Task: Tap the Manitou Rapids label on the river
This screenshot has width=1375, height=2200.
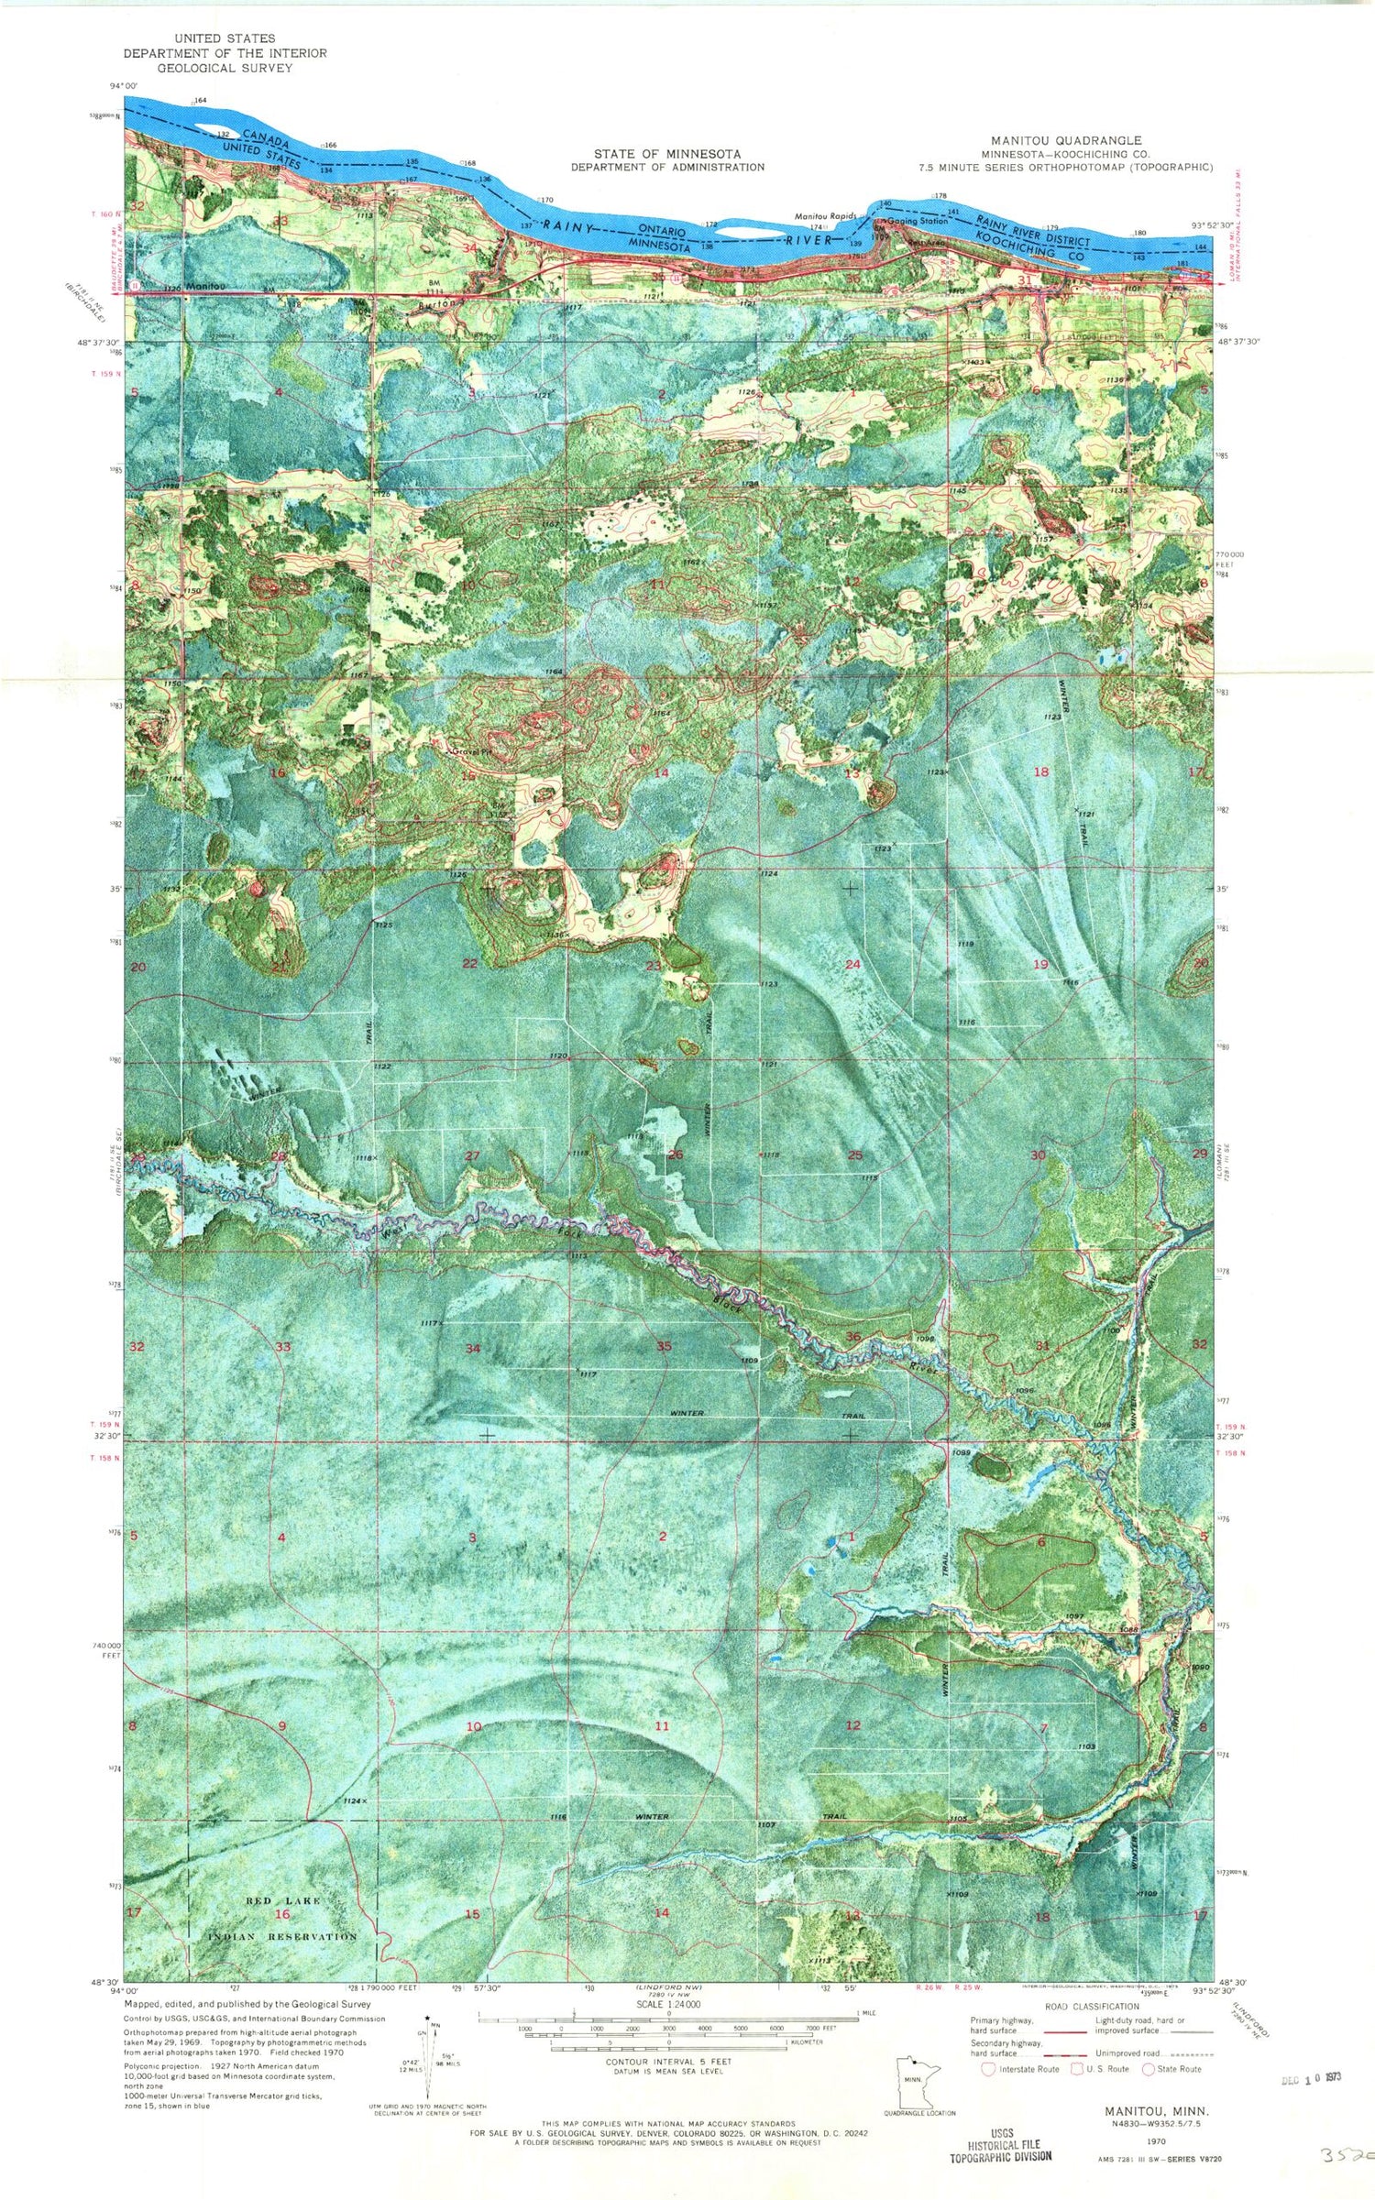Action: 825,217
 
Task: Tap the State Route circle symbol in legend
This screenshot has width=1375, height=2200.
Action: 1149,2068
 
